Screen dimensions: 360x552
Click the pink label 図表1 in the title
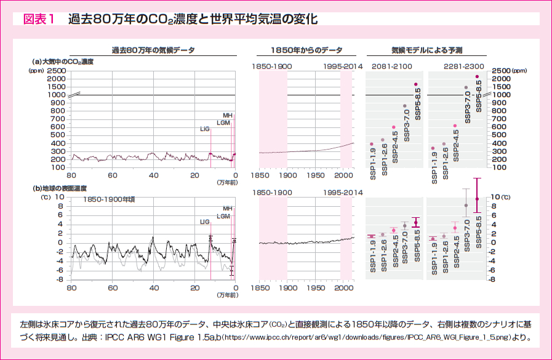pyautogui.click(x=39, y=19)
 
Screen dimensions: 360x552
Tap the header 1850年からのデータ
pyautogui.click(x=306, y=50)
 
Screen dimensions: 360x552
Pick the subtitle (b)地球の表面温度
pyautogui.click(x=60, y=188)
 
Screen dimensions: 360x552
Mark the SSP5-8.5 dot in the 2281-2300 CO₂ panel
pyautogui.click(x=477, y=76)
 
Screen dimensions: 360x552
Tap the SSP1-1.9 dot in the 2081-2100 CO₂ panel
pyautogui.click(x=372, y=144)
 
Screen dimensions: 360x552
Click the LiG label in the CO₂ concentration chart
pyautogui.click(x=205, y=129)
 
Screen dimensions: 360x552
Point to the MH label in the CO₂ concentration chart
pyautogui.click(x=227, y=115)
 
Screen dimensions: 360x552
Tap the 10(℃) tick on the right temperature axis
pyautogui.click(x=502, y=197)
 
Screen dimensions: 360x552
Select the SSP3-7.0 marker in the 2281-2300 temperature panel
pyautogui.click(x=466, y=205)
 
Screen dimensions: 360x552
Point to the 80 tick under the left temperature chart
pyautogui.click(x=71, y=288)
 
